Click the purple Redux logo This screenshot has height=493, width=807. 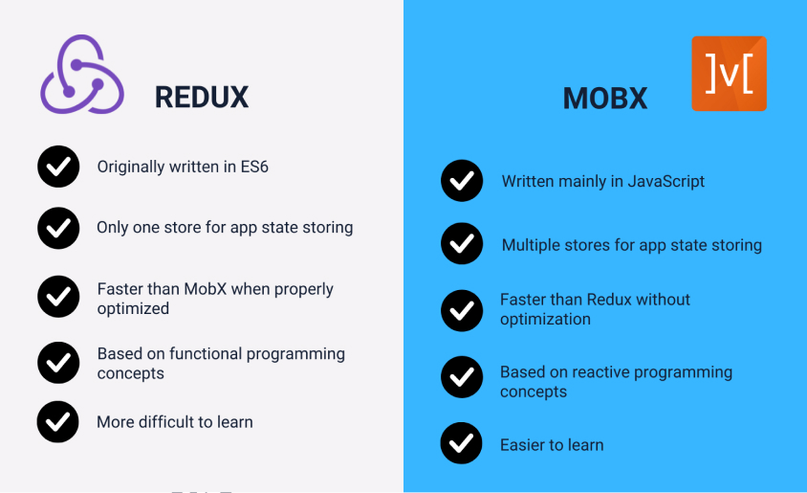pyautogui.click(x=82, y=75)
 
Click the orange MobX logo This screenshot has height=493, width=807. pyautogui.click(x=729, y=74)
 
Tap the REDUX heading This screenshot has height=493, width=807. pyautogui.click(x=202, y=97)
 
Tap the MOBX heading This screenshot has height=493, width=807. pyautogui.click(x=604, y=98)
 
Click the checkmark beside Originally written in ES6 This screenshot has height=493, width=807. pyautogui.click(x=58, y=167)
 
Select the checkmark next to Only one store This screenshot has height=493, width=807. pyautogui.click(x=58, y=228)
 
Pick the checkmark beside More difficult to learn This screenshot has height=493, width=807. pyautogui.click(x=58, y=422)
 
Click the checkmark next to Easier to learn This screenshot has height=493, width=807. pyautogui.click(x=462, y=444)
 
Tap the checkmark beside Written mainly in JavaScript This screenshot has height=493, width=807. pyautogui.click(x=462, y=181)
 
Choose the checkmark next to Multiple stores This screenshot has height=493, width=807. pyautogui.click(x=462, y=245)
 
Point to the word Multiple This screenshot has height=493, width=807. pyautogui.click(x=531, y=245)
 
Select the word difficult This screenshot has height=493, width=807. pyautogui.click(x=173, y=421)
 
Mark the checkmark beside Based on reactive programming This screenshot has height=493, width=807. pyautogui.click(x=462, y=378)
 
